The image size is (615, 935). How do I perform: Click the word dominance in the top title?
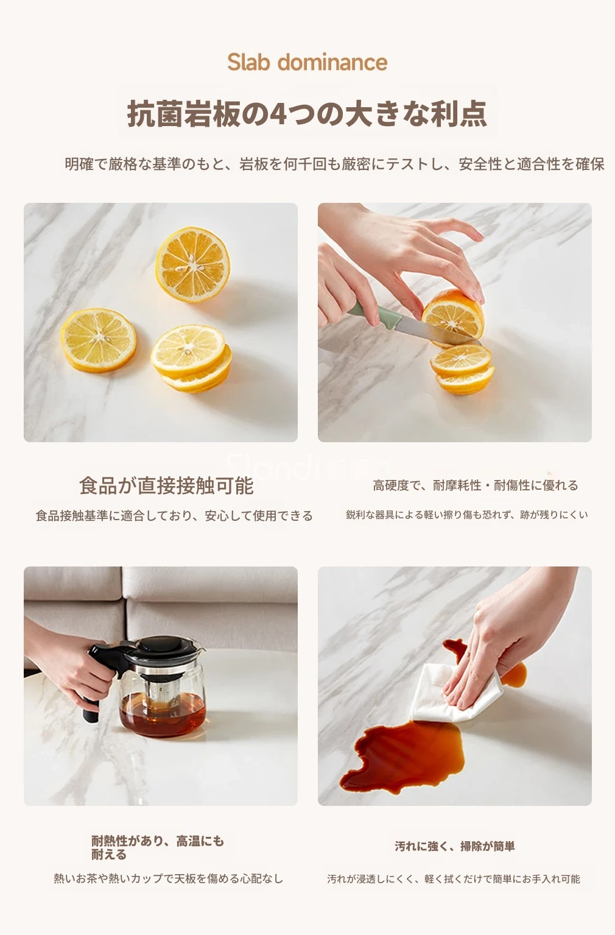click(332, 62)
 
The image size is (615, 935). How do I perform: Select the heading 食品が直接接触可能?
click(166, 485)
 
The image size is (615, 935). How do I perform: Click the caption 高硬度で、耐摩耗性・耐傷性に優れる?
click(476, 485)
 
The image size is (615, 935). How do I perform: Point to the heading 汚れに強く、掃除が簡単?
click(455, 847)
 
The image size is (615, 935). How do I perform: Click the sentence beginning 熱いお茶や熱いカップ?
click(169, 878)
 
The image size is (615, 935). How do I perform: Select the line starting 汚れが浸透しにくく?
click(454, 879)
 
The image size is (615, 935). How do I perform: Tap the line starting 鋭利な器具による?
click(467, 515)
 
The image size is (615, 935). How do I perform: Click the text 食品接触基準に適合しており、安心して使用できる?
click(174, 516)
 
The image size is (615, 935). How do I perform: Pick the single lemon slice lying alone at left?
click(99, 340)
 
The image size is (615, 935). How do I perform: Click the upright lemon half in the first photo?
click(193, 264)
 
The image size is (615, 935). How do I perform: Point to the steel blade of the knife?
click(434, 331)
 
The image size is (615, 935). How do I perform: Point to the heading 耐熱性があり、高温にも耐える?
click(158, 847)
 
